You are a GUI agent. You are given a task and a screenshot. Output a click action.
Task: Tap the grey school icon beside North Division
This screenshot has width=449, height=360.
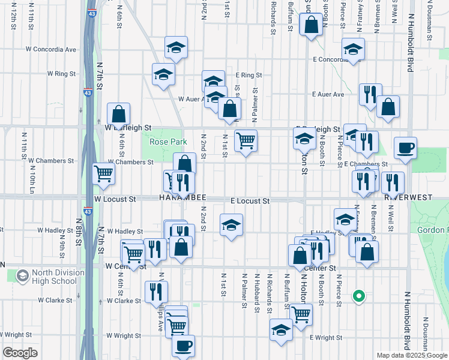tap(23, 276)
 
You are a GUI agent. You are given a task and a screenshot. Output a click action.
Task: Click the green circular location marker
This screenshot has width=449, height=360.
tap(358, 295)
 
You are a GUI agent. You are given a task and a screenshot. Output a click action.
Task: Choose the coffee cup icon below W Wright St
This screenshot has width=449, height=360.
tap(184, 345)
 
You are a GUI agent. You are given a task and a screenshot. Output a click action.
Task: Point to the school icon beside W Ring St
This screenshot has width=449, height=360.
tap(163, 74)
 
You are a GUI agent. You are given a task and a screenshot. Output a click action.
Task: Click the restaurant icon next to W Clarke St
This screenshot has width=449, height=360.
tap(156, 292)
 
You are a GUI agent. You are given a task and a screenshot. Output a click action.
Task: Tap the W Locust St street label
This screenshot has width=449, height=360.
tap(115, 198)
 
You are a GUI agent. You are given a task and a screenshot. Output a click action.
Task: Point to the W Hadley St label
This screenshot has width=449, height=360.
tap(125, 231)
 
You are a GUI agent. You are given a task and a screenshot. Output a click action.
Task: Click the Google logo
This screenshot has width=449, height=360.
tap(20, 353)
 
